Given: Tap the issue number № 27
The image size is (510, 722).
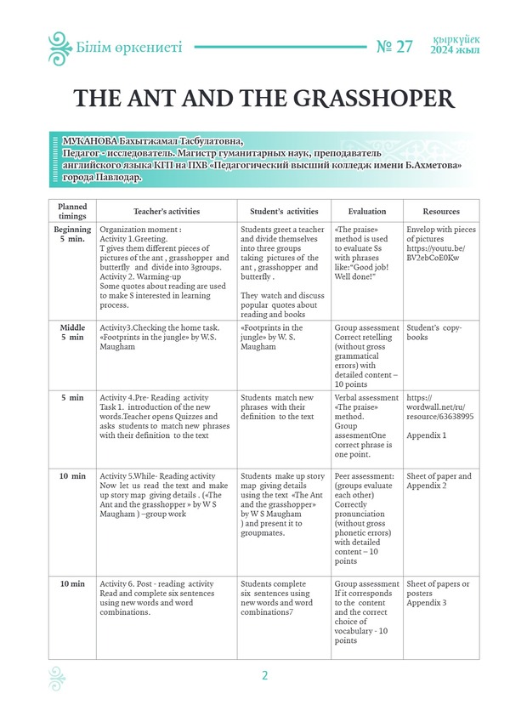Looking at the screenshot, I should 394,47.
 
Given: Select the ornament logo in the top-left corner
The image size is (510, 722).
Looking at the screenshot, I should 59,48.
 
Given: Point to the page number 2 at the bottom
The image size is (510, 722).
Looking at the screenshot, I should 264,676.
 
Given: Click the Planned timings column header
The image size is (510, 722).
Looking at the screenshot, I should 72,211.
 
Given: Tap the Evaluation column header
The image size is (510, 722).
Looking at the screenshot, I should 366,211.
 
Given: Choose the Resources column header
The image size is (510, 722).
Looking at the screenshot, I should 441,211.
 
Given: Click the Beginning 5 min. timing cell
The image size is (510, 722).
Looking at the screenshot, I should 72,236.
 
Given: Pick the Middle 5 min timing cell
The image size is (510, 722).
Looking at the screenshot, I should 72,333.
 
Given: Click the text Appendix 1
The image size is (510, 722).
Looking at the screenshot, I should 427,435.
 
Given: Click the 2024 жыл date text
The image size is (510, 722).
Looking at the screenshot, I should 456,50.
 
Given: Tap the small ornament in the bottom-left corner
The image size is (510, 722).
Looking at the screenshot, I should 57,676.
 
